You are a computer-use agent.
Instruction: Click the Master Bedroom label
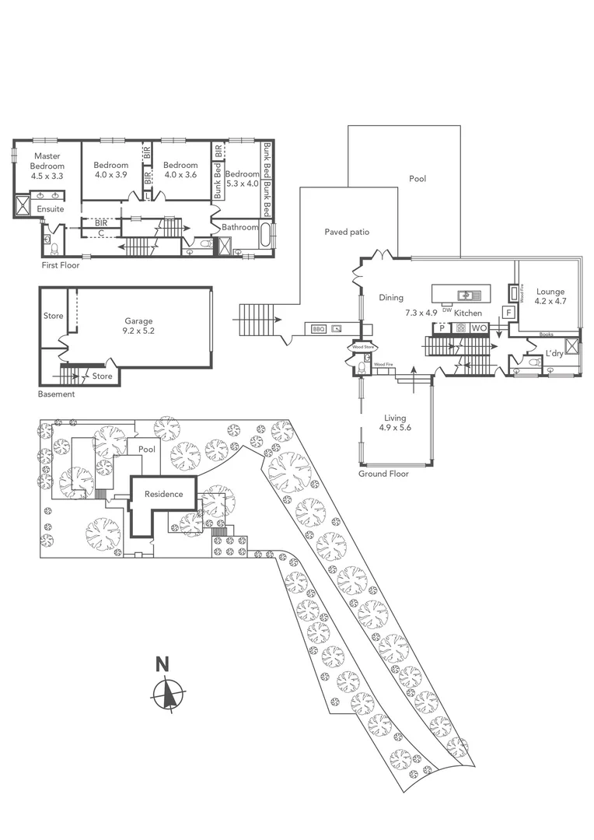46,166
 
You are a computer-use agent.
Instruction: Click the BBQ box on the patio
318,329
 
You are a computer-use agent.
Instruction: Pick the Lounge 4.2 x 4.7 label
550,297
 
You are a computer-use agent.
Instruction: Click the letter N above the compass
162,664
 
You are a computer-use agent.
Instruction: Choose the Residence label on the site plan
163,494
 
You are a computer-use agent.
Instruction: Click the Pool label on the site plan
147,450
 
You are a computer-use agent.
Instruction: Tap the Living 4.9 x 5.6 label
395,423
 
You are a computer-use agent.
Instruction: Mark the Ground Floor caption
383,474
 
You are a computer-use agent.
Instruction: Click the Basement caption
57,394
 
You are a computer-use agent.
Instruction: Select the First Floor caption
61,265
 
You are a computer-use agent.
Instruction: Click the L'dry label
554,354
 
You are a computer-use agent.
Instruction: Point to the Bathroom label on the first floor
239,227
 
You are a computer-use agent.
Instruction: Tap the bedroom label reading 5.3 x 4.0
242,179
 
